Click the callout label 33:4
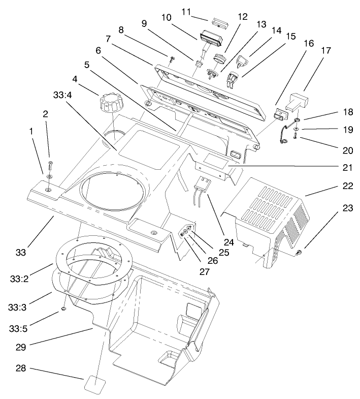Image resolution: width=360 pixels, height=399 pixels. [x=62, y=95]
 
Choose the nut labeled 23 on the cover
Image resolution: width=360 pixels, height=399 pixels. [x=299, y=253]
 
